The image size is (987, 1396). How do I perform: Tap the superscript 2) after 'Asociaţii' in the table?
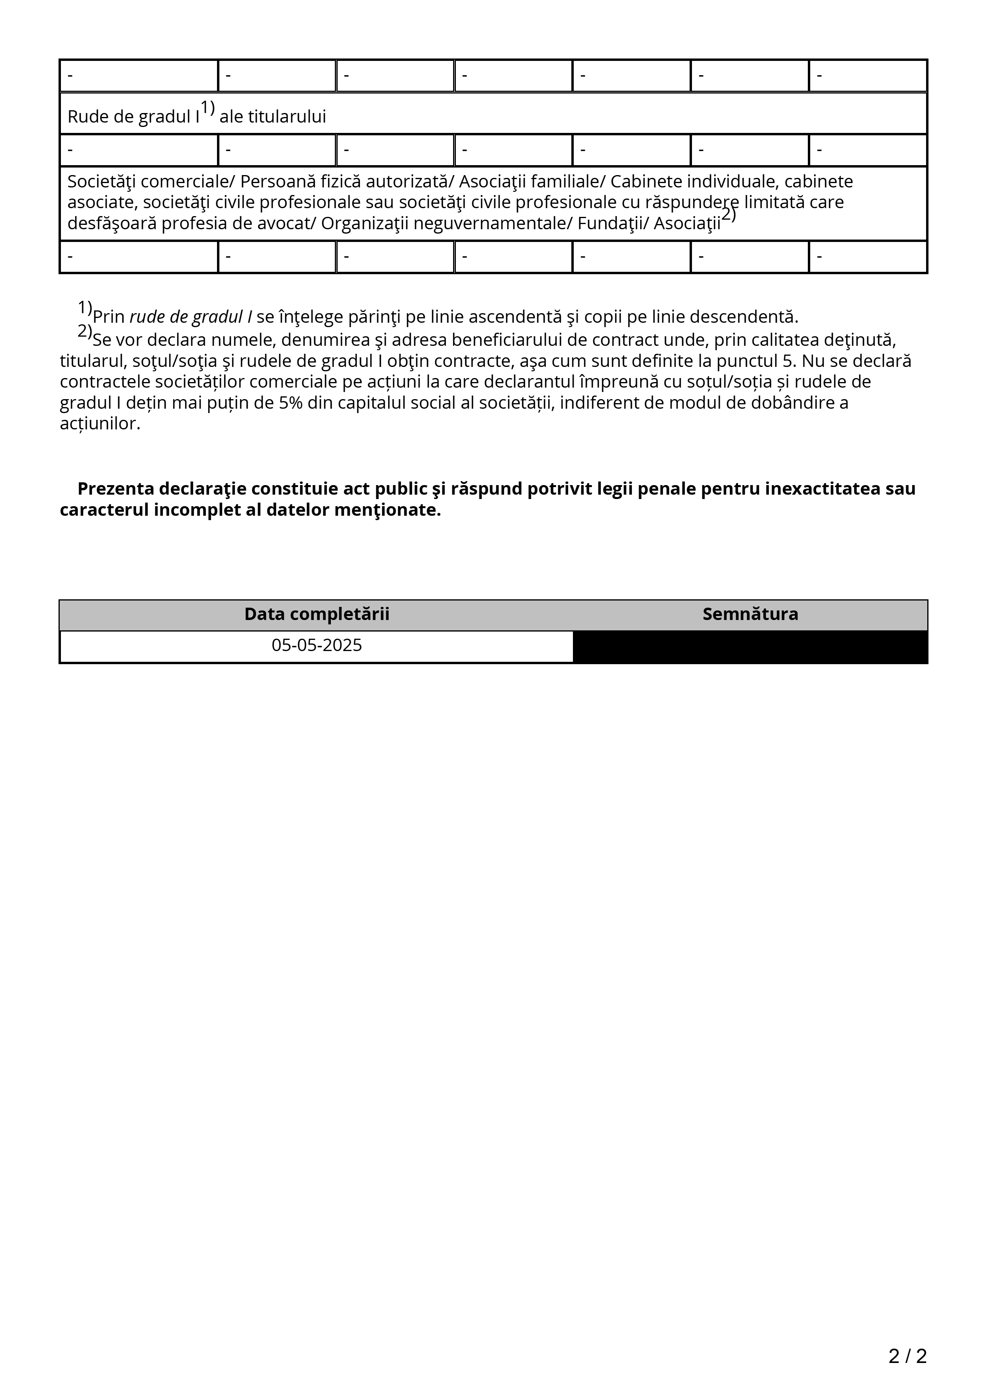click(729, 215)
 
